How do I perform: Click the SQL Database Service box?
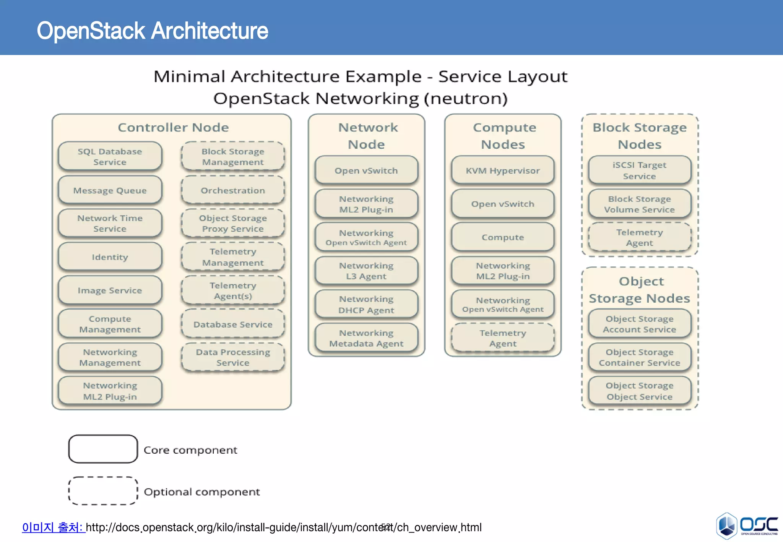[x=110, y=156]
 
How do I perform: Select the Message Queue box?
[x=110, y=190]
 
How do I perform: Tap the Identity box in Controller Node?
[x=110, y=257]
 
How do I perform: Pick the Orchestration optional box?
[x=232, y=190]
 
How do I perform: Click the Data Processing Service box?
[x=232, y=357]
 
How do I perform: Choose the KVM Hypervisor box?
[x=502, y=170]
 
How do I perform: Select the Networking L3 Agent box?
[x=366, y=271]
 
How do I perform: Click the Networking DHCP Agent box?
[x=366, y=304]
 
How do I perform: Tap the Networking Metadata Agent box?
[x=366, y=338]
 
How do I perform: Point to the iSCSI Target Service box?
[x=639, y=170]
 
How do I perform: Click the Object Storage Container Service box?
[x=639, y=357]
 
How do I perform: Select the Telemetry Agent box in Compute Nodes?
[x=502, y=338]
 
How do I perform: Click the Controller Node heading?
[x=173, y=127]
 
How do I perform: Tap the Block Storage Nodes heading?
[x=639, y=136]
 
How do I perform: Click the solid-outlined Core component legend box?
[x=103, y=449]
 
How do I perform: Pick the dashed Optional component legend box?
[x=103, y=491]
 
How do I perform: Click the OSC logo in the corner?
[x=746, y=526]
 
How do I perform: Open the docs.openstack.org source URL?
[x=283, y=527]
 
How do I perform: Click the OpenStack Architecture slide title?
[x=152, y=31]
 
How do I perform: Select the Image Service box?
[x=110, y=290]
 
